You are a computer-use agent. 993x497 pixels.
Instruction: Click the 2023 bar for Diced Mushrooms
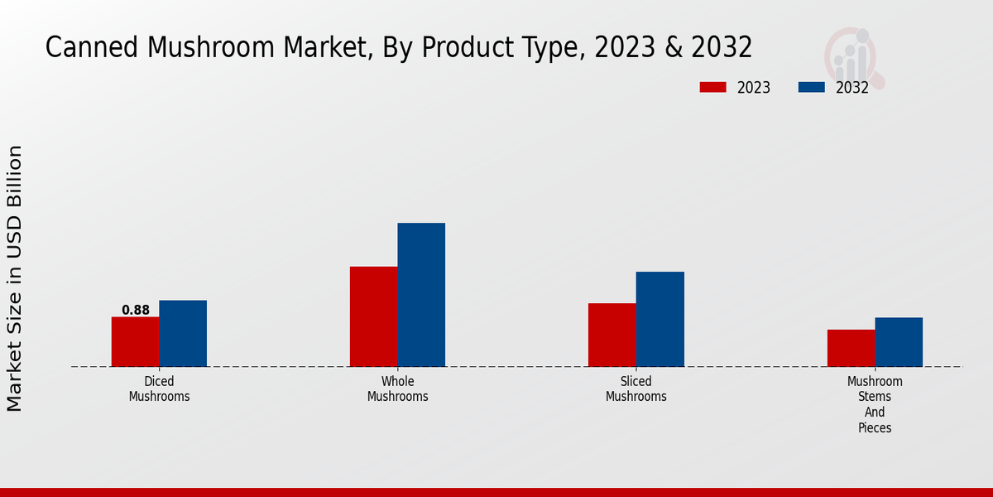coord(135,341)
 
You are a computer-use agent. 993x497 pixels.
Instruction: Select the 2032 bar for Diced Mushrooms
coord(183,333)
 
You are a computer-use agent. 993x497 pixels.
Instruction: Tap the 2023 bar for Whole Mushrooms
coord(373,316)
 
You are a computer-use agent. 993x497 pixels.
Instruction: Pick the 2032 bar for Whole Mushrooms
coord(421,294)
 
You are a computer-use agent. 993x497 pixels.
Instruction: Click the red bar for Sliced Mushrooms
coord(612,335)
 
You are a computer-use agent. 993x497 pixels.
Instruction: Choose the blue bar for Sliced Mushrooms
coord(660,319)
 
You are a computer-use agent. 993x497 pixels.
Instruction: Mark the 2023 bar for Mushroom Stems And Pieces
coord(851,348)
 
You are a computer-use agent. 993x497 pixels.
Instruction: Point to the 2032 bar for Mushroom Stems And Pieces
coord(899,341)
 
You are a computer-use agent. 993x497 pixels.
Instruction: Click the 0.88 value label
coord(136,311)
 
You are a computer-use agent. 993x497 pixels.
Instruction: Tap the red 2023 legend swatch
coord(712,87)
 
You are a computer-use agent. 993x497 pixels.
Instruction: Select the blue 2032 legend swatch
coord(812,87)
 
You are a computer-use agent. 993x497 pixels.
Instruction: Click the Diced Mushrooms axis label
coord(159,388)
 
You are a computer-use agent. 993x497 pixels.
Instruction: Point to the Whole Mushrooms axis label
coord(397,388)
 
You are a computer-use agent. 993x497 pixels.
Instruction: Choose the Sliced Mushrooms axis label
coord(636,388)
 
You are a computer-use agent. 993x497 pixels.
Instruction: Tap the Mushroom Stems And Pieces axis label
coord(875,404)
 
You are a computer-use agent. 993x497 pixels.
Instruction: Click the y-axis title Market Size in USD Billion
coord(16,277)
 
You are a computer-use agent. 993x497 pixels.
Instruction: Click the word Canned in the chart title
coord(92,48)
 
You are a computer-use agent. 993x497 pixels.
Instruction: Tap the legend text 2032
coord(851,88)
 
